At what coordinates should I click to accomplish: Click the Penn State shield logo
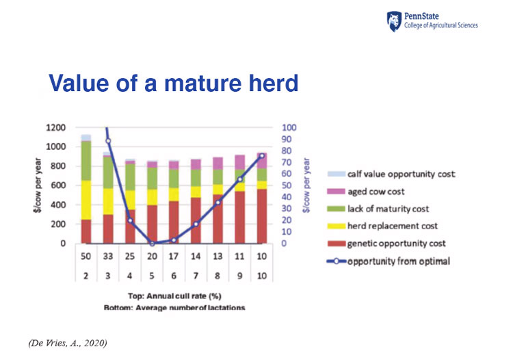point(394,22)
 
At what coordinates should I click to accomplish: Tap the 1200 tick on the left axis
point(55,127)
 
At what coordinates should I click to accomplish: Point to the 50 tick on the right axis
point(287,185)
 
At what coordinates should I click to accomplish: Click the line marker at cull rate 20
point(152,244)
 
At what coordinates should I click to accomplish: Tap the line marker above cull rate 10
point(262,156)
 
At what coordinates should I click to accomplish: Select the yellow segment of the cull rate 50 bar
point(86,200)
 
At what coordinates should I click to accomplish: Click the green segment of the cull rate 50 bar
point(86,161)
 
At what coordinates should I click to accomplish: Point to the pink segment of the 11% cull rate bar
point(240,162)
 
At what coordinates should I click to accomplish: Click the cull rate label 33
point(108,256)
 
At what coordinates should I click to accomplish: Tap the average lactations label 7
point(196,276)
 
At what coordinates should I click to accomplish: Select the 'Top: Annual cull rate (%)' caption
point(174,296)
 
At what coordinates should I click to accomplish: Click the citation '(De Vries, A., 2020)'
point(68,343)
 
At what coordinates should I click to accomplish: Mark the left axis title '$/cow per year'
point(38,185)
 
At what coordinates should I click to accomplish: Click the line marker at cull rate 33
point(108,141)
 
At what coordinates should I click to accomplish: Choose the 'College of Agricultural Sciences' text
point(440,25)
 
